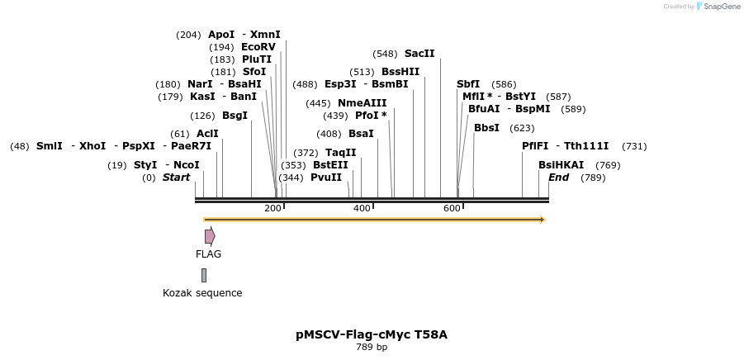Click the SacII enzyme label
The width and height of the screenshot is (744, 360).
click(x=419, y=54)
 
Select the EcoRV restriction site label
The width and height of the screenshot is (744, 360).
click(x=258, y=47)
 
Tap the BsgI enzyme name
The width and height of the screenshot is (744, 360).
click(x=235, y=116)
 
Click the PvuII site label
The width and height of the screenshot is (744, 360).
click(x=326, y=178)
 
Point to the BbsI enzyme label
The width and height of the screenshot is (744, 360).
click(x=486, y=128)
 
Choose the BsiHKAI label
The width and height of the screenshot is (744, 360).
click(x=561, y=165)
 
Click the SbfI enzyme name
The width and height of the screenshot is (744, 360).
click(x=468, y=84)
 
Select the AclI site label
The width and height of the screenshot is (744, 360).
click(x=207, y=134)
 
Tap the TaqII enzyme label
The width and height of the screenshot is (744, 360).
click(x=340, y=153)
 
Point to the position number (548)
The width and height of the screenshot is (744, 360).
click(x=385, y=54)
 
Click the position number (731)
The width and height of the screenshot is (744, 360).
click(x=633, y=146)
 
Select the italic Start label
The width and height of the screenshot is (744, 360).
click(x=176, y=178)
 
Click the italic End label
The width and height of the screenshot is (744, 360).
click(x=558, y=178)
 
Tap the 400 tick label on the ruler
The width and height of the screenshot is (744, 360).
click(x=362, y=208)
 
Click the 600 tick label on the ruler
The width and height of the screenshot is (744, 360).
click(x=452, y=208)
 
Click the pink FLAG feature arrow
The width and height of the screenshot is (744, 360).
click(x=210, y=236)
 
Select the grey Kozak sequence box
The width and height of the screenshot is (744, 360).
click(x=204, y=275)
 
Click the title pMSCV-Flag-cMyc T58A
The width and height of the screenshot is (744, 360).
click(x=372, y=334)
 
